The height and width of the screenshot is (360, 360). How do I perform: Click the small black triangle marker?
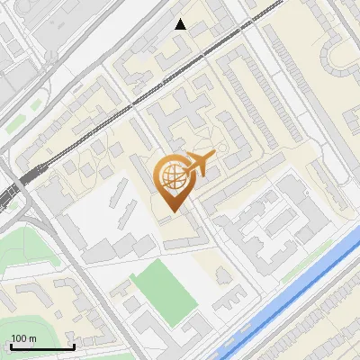click(181, 24)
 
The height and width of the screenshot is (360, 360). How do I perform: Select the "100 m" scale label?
click(23, 338)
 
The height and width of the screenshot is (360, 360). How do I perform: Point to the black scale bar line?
click(41, 346)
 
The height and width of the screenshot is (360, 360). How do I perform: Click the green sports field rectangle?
click(165, 290)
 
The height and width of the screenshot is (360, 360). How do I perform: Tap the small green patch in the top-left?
click(10, 127)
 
